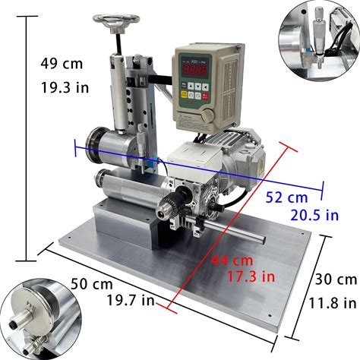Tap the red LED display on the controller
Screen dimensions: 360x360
point(194,69)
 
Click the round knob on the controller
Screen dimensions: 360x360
point(207,116)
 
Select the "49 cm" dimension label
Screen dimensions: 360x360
point(62,63)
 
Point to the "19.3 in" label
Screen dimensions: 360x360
point(65,87)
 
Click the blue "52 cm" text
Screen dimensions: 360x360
point(286,197)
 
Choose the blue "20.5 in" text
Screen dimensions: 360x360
point(314,215)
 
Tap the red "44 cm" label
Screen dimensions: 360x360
point(232,260)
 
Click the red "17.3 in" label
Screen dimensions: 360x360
point(251,276)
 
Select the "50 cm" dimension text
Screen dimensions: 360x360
point(92,284)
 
